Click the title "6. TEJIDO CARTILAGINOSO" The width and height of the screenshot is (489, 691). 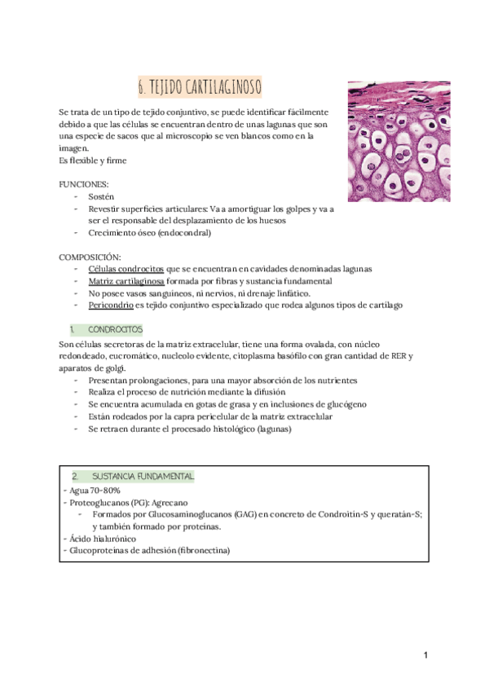coord(200,86)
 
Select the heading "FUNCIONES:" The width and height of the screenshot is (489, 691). coord(85,185)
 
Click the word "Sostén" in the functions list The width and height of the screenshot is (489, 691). coord(102,197)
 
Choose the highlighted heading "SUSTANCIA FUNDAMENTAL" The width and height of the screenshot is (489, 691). coord(143,476)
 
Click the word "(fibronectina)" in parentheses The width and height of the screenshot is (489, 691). coord(202,551)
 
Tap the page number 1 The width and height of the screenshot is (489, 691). coord(425,656)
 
